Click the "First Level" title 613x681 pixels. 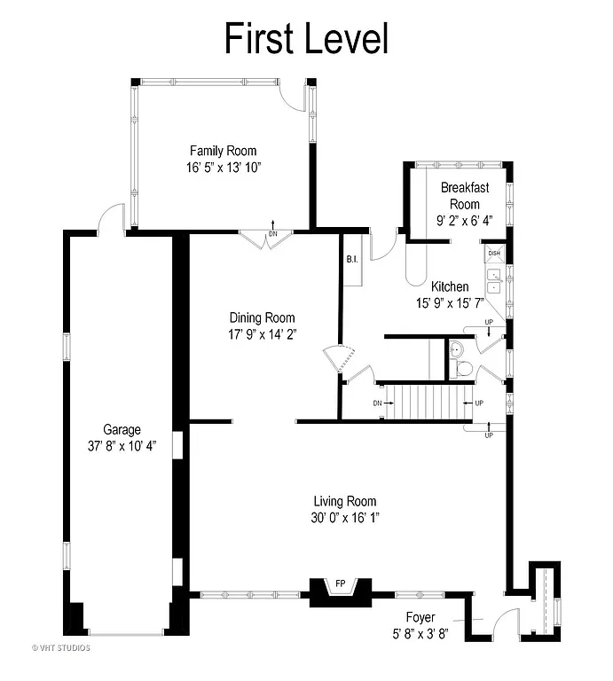point(306,38)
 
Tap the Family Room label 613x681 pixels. point(223,151)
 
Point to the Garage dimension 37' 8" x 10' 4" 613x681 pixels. point(122,445)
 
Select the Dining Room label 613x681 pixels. point(262,317)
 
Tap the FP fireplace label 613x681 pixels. point(340,583)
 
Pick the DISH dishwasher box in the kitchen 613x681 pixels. point(493,254)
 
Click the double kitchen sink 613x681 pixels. point(493,283)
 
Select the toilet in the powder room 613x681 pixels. point(461,366)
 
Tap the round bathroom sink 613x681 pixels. point(456,348)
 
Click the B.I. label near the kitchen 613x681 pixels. point(351,260)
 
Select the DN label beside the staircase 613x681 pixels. point(377,403)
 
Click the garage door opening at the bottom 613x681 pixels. point(125,633)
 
